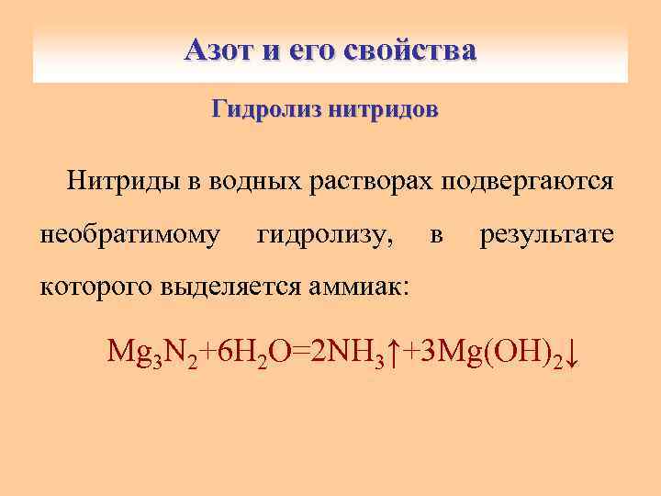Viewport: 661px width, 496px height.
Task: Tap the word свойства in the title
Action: pyautogui.click(x=410, y=50)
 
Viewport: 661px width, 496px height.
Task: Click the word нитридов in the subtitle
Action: pyautogui.click(x=385, y=111)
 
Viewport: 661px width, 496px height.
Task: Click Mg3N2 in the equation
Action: pyautogui.click(x=151, y=352)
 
